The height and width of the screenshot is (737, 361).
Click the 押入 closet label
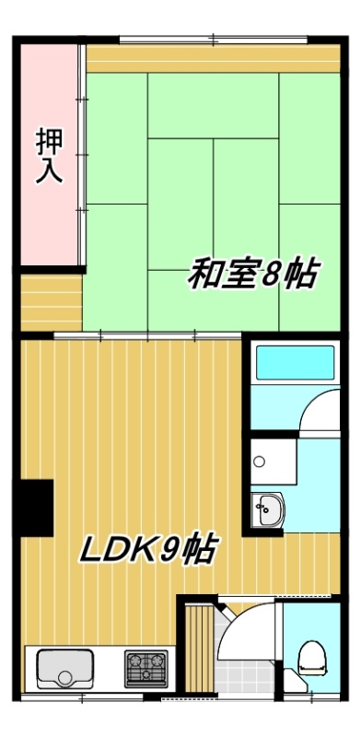click(x=50, y=156)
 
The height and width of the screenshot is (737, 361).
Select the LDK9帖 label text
click(x=148, y=549)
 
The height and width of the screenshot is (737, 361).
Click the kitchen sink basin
click(x=64, y=669)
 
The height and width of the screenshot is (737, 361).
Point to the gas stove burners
click(x=146, y=669)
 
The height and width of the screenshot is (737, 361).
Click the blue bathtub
click(x=296, y=362)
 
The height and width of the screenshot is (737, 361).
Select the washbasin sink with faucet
click(x=267, y=510)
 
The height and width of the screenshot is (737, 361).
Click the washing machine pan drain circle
click(x=259, y=462)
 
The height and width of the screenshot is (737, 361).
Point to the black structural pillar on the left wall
click(x=36, y=508)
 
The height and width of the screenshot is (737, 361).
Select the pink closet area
click(x=49, y=155)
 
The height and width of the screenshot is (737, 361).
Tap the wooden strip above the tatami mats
click(x=214, y=58)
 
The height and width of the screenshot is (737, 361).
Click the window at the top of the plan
click(x=214, y=40)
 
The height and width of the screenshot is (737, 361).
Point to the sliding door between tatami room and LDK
click(x=147, y=335)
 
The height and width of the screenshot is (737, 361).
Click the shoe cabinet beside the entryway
click(x=199, y=649)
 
